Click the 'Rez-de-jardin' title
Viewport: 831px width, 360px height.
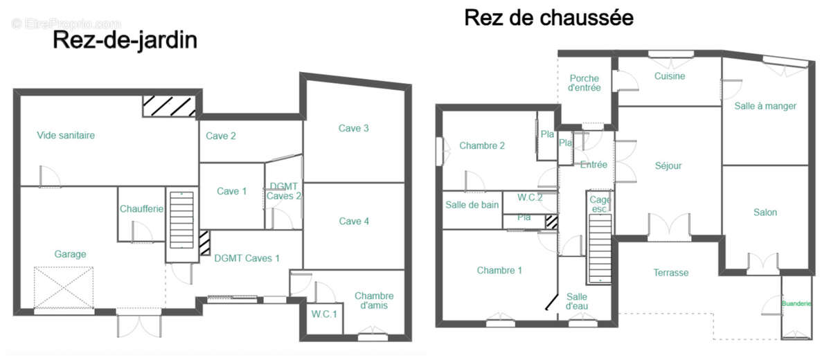click(125, 41)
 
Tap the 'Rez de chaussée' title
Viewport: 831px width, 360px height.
click(548, 17)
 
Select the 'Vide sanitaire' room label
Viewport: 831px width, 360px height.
click(66, 136)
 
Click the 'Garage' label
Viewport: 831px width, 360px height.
click(70, 254)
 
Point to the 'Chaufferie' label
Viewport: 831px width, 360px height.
click(141, 209)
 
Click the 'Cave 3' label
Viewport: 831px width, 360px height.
click(353, 128)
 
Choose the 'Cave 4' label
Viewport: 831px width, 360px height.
click(353, 222)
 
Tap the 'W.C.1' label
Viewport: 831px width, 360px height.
click(323, 314)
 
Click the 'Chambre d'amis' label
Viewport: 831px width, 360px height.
click(374, 301)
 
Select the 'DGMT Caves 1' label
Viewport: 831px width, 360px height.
click(247, 258)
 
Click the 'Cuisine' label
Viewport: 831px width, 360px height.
click(669, 76)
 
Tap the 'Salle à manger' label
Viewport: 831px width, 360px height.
click(765, 106)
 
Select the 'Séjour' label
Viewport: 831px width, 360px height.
click(668, 166)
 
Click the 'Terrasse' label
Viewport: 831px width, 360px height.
click(670, 273)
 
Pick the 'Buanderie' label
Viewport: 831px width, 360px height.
click(796, 303)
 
